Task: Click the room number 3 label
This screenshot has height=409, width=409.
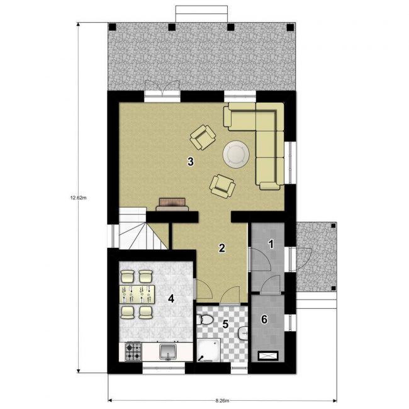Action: point(191,162)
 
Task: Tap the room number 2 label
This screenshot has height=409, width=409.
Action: point(221,248)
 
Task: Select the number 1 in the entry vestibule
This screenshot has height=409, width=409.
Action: point(271,244)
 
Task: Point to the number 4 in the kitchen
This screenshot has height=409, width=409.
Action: point(171,298)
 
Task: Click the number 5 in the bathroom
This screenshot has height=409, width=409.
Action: point(225,324)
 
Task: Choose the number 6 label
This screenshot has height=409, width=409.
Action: point(264,319)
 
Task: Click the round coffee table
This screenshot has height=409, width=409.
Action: point(236,154)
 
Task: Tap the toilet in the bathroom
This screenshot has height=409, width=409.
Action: point(204,320)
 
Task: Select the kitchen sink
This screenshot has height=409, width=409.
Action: point(168,352)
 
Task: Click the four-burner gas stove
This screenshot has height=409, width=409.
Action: point(133,352)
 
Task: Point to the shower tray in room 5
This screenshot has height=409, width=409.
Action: point(209,350)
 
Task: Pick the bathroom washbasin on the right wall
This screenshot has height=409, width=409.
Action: point(244,333)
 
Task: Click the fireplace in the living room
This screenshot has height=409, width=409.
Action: point(172,204)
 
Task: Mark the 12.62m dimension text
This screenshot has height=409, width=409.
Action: point(78,198)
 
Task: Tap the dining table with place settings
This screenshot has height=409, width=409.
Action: point(137,294)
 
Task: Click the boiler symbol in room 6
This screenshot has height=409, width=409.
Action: point(268,356)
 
